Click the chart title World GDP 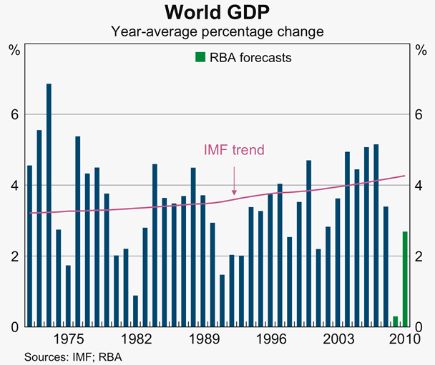pyautogui.click(x=217, y=13)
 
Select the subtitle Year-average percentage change pyautogui.click(x=217, y=32)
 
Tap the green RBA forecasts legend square pyautogui.click(x=200, y=57)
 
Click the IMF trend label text pyautogui.click(x=234, y=150)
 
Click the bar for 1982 pyautogui.click(x=135, y=311)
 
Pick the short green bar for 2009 pyautogui.click(x=395, y=321)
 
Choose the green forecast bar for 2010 pyautogui.click(x=404, y=279)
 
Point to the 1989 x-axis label pyautogui.click(x=202, y=339)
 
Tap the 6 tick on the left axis pyautogui.click(x=14, y=115)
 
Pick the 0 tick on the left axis pyautogui.click(x=14, y=327)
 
